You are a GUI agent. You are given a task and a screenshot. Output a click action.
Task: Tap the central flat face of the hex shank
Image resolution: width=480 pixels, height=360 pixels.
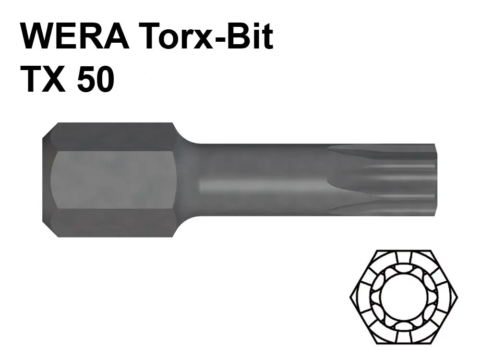click(113, 180)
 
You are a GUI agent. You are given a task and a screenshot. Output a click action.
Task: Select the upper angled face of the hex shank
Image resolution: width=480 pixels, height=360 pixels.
click(113, 137)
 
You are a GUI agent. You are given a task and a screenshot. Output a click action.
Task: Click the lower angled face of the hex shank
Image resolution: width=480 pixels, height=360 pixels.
click(113, 223)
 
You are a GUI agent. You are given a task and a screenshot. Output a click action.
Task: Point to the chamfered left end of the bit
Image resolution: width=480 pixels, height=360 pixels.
click(47, 180)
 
